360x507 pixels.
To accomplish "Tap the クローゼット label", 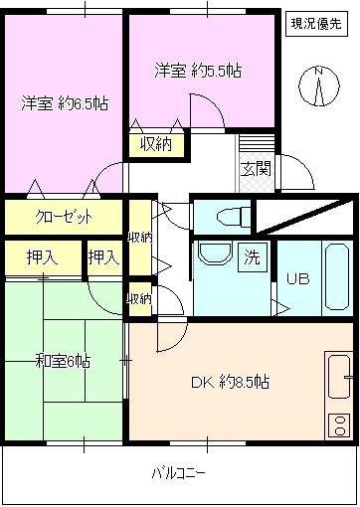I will coord(62,215).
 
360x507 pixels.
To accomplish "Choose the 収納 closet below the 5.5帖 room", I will coord(154,145).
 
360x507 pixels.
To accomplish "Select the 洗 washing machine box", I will coord(253,256).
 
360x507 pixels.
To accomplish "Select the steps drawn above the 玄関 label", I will coord(249,145).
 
